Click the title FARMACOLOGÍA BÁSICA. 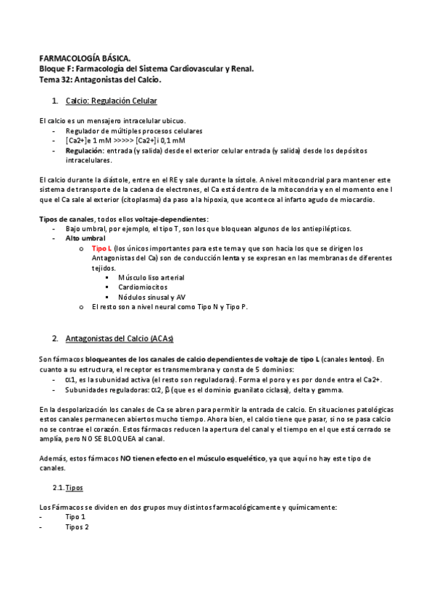(x=84, y=57)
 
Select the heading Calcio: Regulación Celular (x=111, y=100)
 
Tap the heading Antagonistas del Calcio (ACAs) (x=119, y=339)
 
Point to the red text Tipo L (x=101, y=248)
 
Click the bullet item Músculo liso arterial (x=151, y=277)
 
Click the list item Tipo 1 (x=75, y=517)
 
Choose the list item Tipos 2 (x=77, y=527)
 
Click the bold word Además (x=53, y=458)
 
